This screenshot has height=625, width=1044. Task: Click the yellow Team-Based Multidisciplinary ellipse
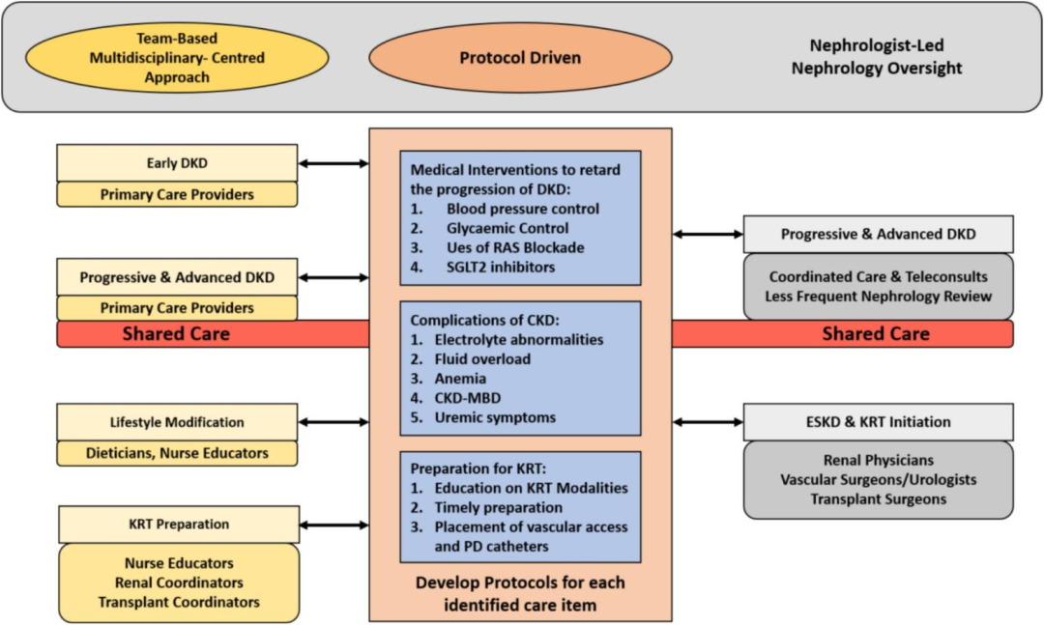[177, 58]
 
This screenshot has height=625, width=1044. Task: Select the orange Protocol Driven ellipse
[520, 58]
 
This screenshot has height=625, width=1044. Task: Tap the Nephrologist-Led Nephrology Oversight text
[877, 57]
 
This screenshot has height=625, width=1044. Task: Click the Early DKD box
[177, 163]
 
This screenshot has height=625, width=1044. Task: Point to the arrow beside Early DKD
[333, 164]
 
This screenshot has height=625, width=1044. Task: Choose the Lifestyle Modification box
[177, 422]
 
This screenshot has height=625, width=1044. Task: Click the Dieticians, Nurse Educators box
[177, 453]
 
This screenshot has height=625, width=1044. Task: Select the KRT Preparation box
[179, 525]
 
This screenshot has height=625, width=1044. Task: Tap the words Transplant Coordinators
[179, 602]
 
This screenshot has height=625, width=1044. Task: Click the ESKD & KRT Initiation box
[878, 422]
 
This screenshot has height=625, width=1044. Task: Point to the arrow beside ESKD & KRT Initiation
[708, 422]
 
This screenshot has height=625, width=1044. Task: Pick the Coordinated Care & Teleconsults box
[878, 286]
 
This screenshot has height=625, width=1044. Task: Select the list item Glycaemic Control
[489, 228]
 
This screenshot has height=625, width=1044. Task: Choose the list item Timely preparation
[486, 507]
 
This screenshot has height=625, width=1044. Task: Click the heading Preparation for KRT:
[478, 469]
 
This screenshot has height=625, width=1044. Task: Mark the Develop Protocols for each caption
[520, 582]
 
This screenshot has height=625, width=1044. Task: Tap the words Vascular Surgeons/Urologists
[878, 479]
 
